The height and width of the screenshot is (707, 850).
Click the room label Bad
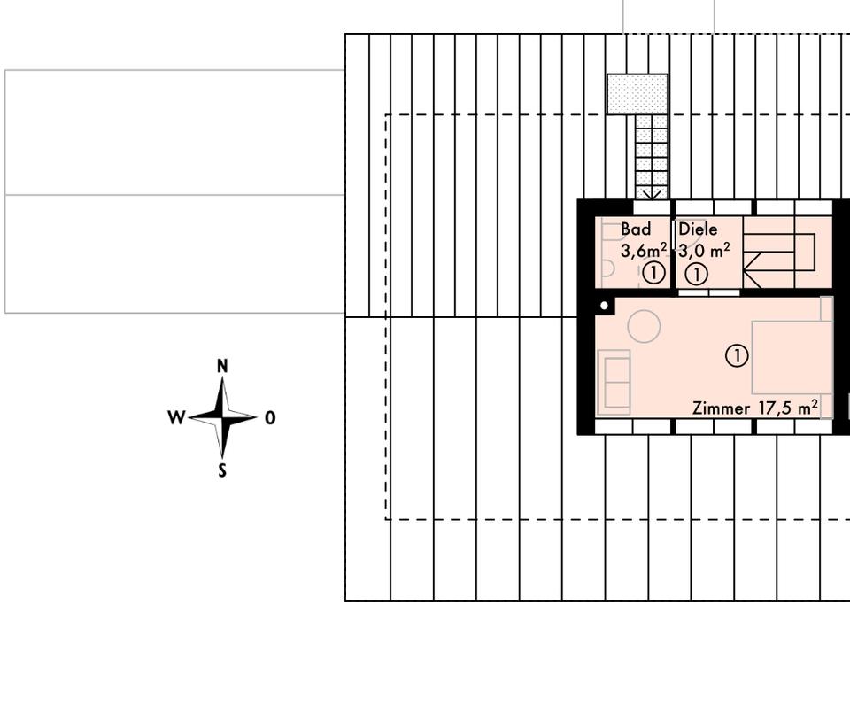[x=636, y=229]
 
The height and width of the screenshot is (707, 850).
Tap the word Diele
[x=698, y=229]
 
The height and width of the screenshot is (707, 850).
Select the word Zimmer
[x=721, y=408]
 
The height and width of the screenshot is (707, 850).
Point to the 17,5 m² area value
[x=788, y=408]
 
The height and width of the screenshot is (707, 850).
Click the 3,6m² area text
[x=644, y=250]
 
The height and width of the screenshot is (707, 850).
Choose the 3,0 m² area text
[x=705, y=250]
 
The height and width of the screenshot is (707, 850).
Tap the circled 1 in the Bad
[x=653, y=273]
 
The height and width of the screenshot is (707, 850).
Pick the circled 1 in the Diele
[x=697, y=275]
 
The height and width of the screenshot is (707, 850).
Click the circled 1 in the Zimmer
[x=737, y=356]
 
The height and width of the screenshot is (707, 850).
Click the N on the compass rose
[x=222, y=366]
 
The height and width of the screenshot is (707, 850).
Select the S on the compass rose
[x=222, y=470]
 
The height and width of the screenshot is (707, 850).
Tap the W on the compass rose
[x=176, y=417]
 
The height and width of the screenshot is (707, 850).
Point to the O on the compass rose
[x=270, y=417]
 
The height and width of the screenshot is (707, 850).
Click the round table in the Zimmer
[x=644, y=327]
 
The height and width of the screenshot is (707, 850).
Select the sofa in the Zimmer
[x=614, y=382]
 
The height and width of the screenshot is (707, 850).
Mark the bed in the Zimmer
[x=792, y=357]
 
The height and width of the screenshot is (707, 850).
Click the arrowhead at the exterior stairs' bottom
[x=652, y=193]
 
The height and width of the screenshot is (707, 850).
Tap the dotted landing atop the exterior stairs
[x=637, y=94]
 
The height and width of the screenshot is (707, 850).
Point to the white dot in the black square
[x=605, y=307]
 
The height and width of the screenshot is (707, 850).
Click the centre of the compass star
[x=222, y=416]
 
